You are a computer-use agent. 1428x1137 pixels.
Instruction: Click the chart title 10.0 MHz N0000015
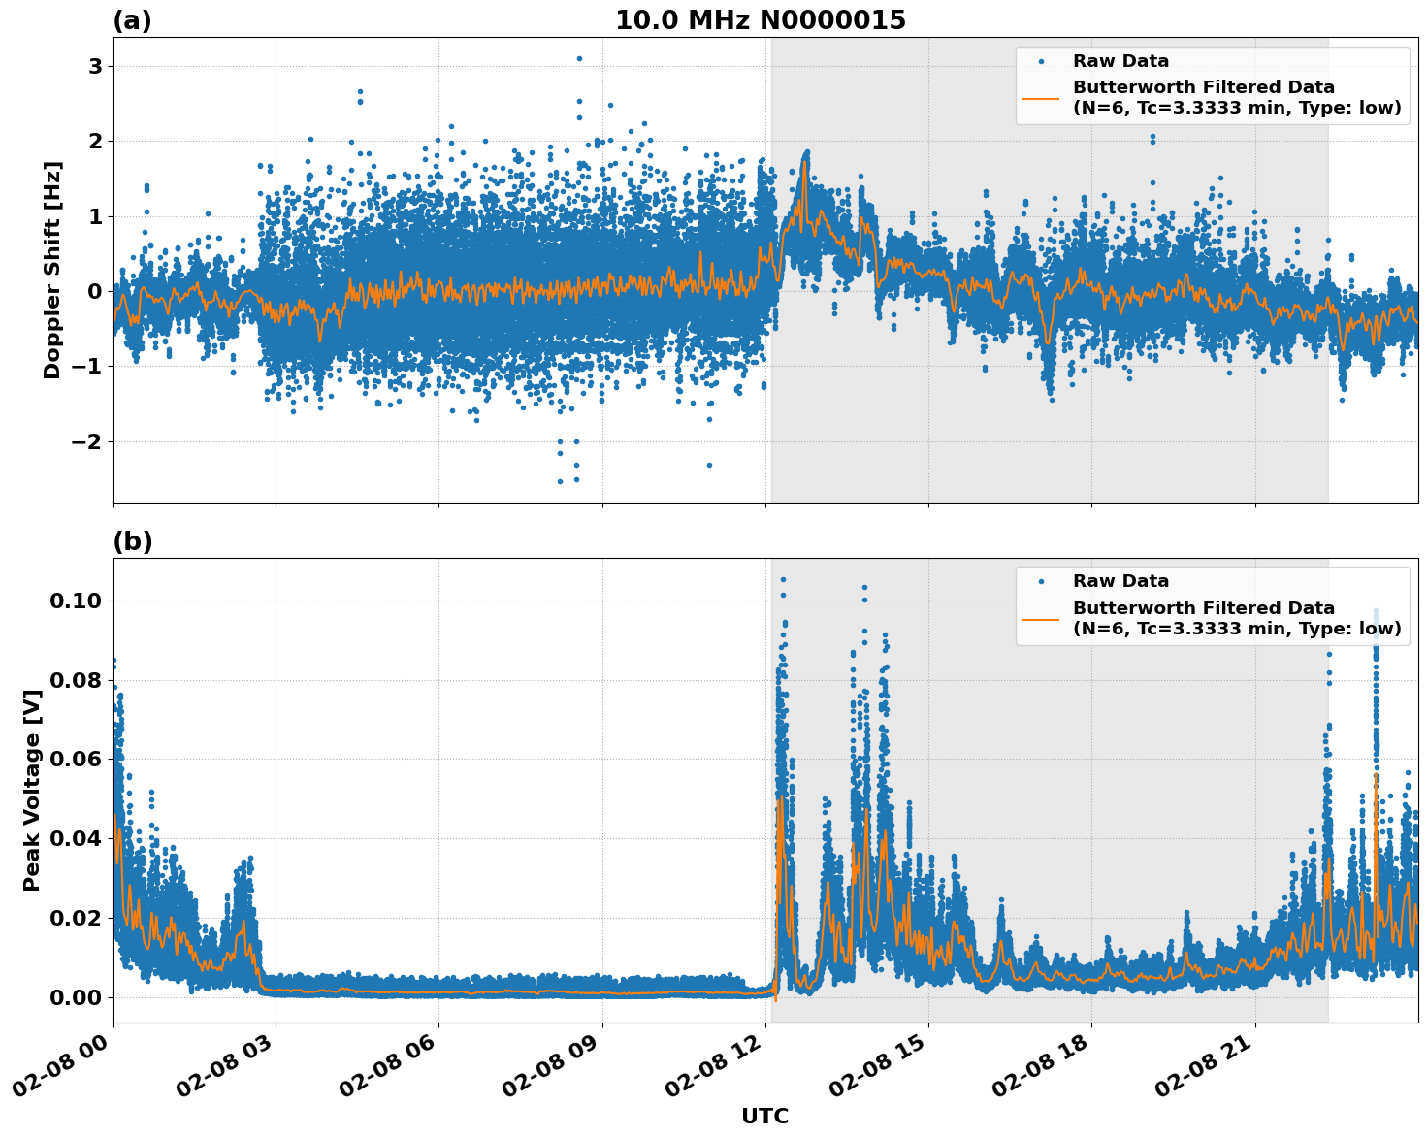[x=761, y=20]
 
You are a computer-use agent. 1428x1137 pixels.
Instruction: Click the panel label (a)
[x=132, y=20]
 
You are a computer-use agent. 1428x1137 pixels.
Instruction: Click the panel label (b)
[x=132, y=541]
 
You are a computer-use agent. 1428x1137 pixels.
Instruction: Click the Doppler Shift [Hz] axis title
[x=52, y=270]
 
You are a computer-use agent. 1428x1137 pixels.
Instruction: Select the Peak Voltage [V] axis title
[x=32, y=790]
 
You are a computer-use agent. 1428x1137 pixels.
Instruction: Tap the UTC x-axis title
[x=764, y=1116]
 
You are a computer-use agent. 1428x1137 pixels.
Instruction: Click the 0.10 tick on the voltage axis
[x=75, y=601]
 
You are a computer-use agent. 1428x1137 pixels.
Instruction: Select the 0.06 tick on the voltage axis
[x=75, y=759]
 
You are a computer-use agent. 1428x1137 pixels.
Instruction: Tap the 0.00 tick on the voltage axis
[x=75, y=997]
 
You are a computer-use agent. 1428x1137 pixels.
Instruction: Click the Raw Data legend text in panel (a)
[x=1120, y=61]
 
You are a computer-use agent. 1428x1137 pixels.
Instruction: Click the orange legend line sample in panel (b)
[x=1040, y=618]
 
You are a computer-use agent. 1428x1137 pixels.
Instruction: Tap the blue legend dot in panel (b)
[x=1041, y=582]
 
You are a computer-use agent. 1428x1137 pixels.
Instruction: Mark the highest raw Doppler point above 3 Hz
[x=579, y=58]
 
